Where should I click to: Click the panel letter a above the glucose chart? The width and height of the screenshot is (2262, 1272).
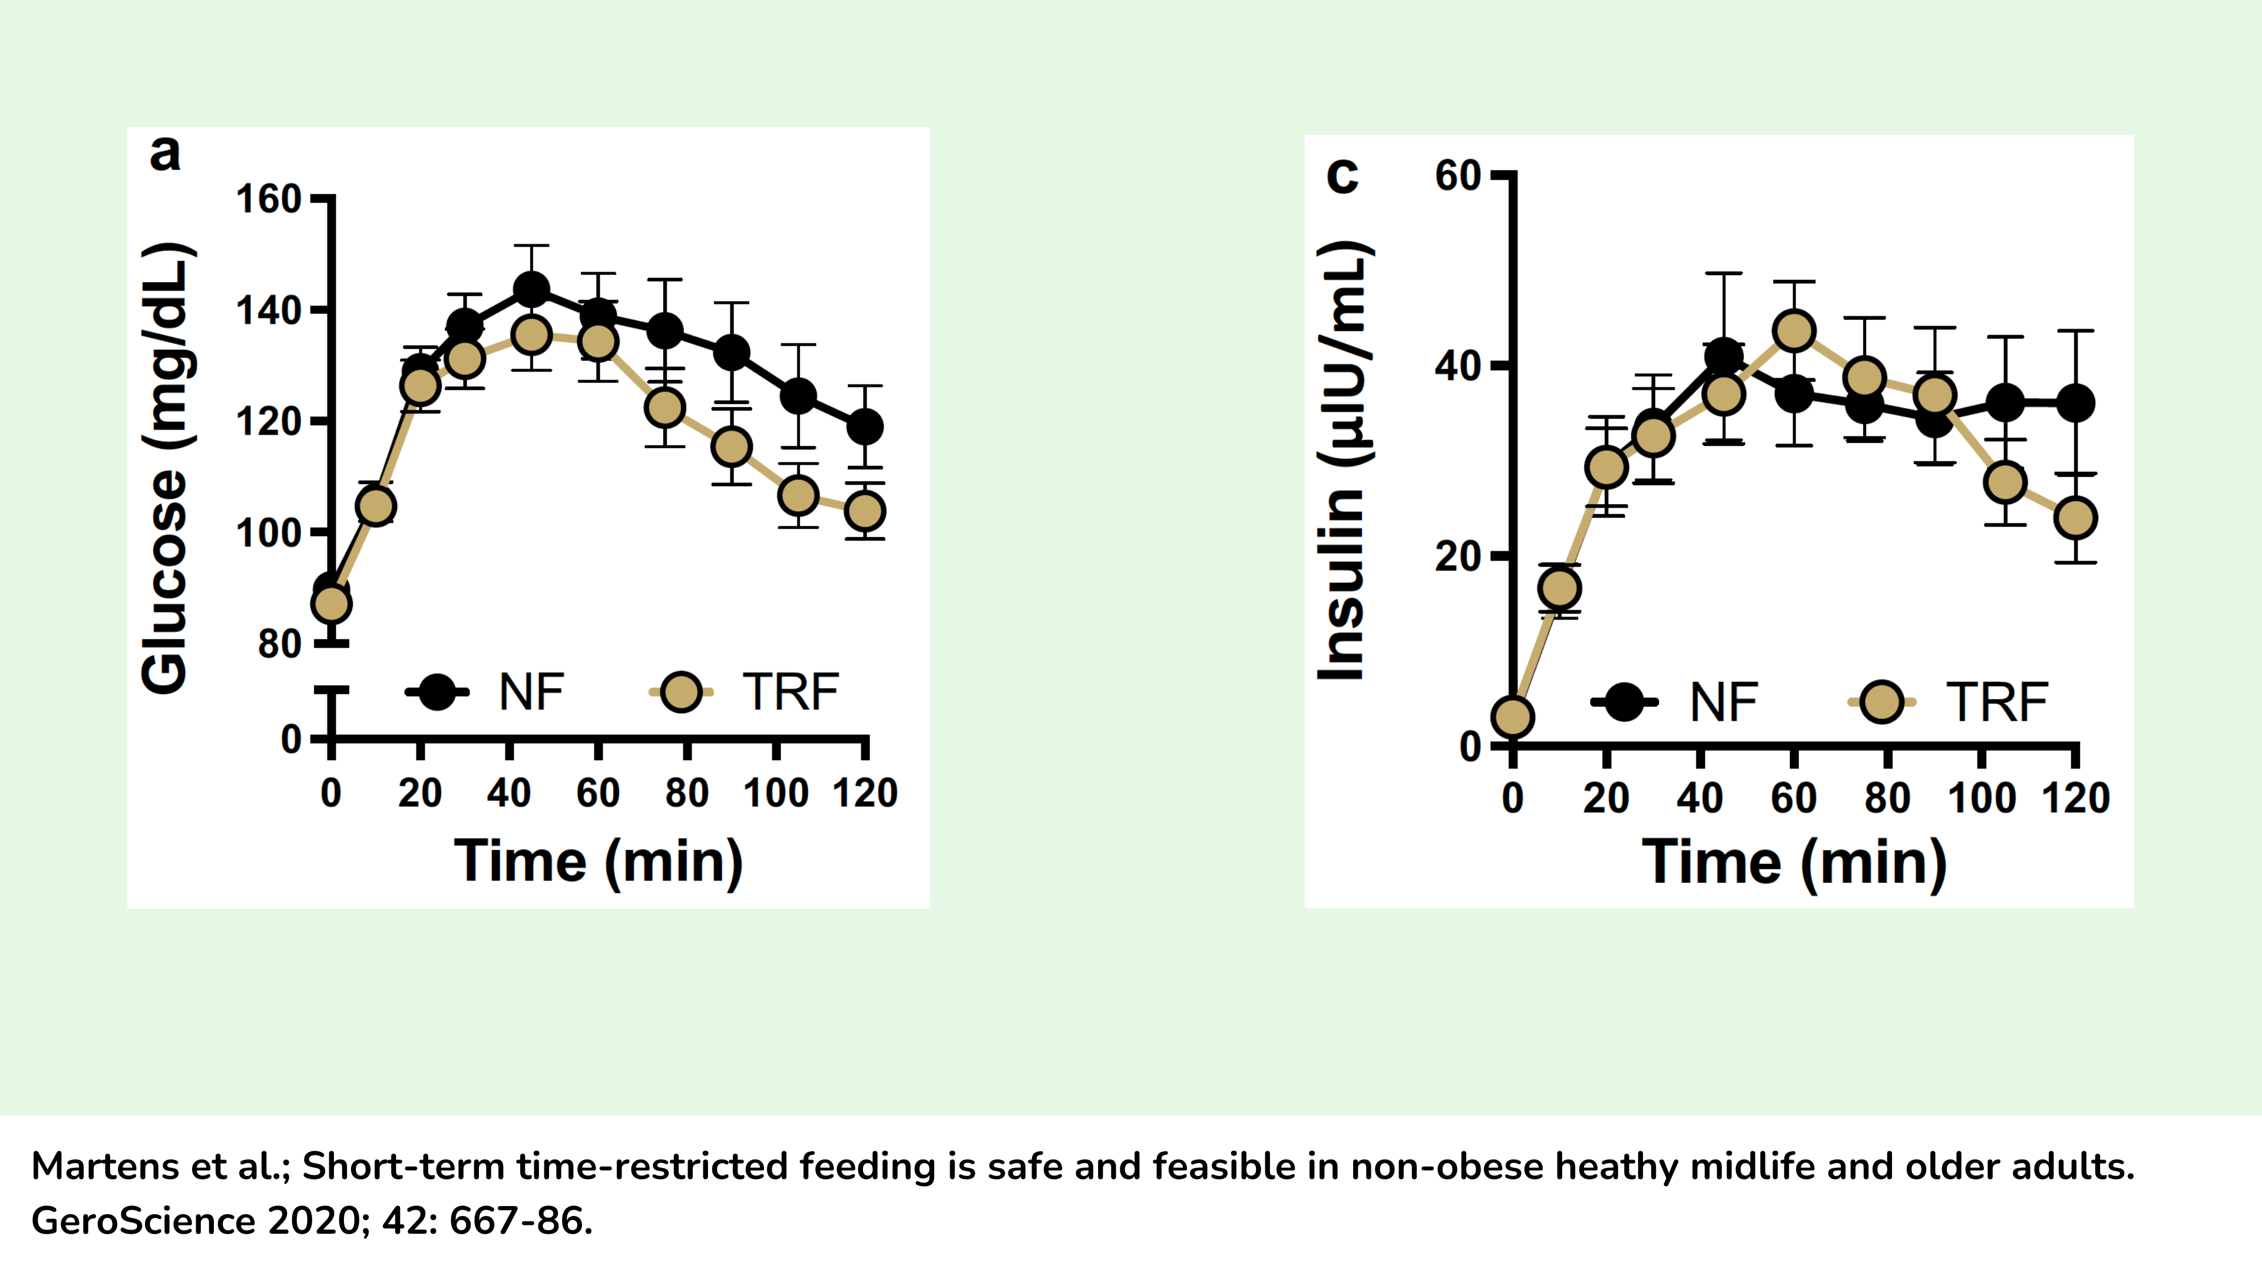(165, 154)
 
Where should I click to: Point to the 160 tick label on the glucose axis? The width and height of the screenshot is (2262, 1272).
(269, 200)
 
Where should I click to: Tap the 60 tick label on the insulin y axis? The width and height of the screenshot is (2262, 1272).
(1458, 177)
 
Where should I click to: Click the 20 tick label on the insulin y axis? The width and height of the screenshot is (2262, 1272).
(1458, 556)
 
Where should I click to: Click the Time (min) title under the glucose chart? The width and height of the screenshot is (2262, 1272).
(598, 862)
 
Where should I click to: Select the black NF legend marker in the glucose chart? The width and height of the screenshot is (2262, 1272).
(436, 692)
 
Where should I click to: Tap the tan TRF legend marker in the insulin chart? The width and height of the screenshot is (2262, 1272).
(1882, 703)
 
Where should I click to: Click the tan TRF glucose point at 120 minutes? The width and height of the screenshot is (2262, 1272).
(864, 511)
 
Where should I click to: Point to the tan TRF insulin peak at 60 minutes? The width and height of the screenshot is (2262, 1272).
(1794, 331)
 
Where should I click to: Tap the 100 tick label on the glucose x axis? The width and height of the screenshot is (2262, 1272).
(775, 794)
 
